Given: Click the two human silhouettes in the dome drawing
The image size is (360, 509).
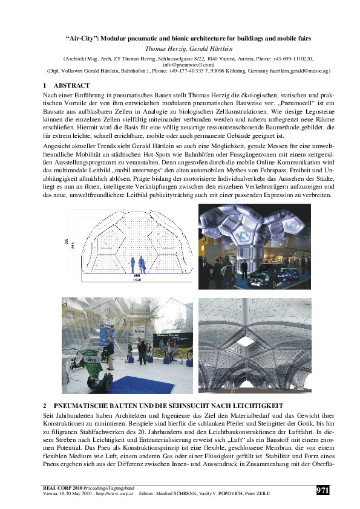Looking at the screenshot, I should [137, 265].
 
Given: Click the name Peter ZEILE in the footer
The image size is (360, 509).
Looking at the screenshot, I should [260, 494].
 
